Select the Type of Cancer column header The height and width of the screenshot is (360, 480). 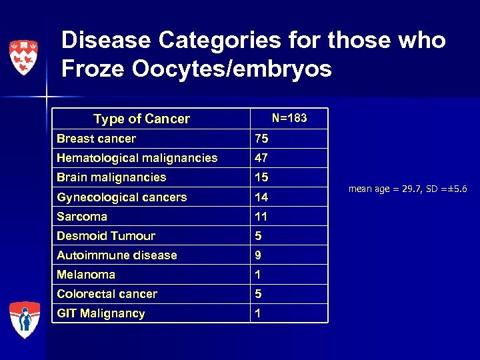[141, 119]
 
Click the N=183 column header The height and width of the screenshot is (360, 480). [289, 118]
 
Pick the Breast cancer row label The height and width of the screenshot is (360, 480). [96, 139]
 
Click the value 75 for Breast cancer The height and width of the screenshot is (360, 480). [261, 139]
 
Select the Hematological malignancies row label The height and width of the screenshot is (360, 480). [137, 158]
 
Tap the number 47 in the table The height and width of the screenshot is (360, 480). [261, 158]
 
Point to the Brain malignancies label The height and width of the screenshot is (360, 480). [111, 177]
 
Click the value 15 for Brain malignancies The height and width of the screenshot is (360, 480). [261, 177]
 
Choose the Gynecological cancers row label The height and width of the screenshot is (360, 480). [121, 197]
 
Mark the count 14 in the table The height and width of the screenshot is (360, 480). [261, 197]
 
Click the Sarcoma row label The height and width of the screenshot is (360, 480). [82, 217]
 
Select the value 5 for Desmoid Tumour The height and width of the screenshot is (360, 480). [258, 236]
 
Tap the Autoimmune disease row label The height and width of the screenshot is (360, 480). [117, 255]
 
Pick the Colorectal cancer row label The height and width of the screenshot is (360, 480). [107, 294]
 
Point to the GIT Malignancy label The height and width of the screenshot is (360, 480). [101, 313]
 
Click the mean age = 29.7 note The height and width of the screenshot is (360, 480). [407, 189]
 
